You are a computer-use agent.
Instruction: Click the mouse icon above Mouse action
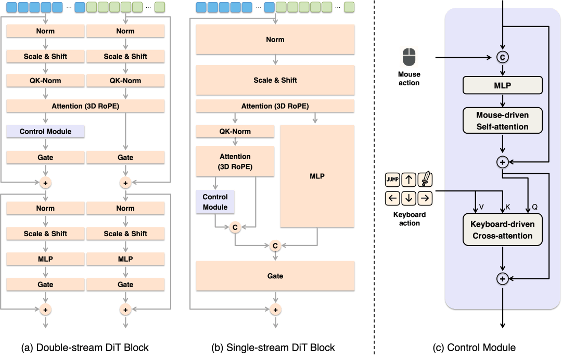[409, 57]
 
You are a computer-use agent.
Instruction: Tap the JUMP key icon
[392, 179]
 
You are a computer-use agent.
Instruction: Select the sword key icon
[425, 179]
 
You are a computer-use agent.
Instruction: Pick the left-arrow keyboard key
[392, 198]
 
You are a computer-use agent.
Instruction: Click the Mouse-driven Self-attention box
[503, 121]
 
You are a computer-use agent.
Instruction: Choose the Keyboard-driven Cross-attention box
[503, 229]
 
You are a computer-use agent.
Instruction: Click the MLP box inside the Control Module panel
[503, 85]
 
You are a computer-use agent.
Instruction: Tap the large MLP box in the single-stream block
[317, 176]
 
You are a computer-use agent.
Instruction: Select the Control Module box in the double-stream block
[45, 132]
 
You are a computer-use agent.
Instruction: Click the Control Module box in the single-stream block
[215, 202]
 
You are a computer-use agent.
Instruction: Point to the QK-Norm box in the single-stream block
[235, 132]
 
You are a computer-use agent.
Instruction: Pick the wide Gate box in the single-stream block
[275, 276]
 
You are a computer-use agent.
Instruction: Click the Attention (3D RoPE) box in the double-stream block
[85, 106]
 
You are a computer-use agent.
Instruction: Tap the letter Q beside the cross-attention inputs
[535, 207]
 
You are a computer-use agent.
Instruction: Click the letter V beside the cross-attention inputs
[481, 207]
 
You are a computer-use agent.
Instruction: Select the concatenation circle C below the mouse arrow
[503, 57]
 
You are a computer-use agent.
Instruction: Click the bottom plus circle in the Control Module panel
[503, 279]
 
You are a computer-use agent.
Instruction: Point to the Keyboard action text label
[410, 219]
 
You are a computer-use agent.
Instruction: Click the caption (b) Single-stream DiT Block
[273, 348]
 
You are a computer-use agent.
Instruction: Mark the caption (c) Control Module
[474, 348]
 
